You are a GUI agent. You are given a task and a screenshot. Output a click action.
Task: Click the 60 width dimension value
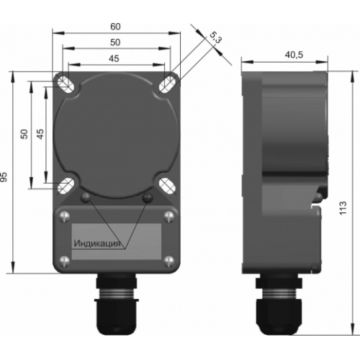click(115, 27)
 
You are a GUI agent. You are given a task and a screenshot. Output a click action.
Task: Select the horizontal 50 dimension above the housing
click(115, 42)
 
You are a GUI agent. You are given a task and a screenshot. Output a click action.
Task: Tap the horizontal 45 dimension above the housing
click(114, 58)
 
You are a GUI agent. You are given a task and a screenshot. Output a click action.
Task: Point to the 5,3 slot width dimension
click(215, 38)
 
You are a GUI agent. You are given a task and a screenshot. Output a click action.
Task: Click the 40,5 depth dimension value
click(294, 55)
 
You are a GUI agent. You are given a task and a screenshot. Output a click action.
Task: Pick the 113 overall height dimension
click(343, 208)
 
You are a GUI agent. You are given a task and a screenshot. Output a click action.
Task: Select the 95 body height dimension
click(4, 177)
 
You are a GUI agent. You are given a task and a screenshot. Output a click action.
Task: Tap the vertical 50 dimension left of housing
click(24, 134)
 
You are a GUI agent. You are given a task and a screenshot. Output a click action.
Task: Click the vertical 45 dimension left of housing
click(40, 134)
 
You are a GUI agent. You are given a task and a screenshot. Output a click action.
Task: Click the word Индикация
click(96, 243)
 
